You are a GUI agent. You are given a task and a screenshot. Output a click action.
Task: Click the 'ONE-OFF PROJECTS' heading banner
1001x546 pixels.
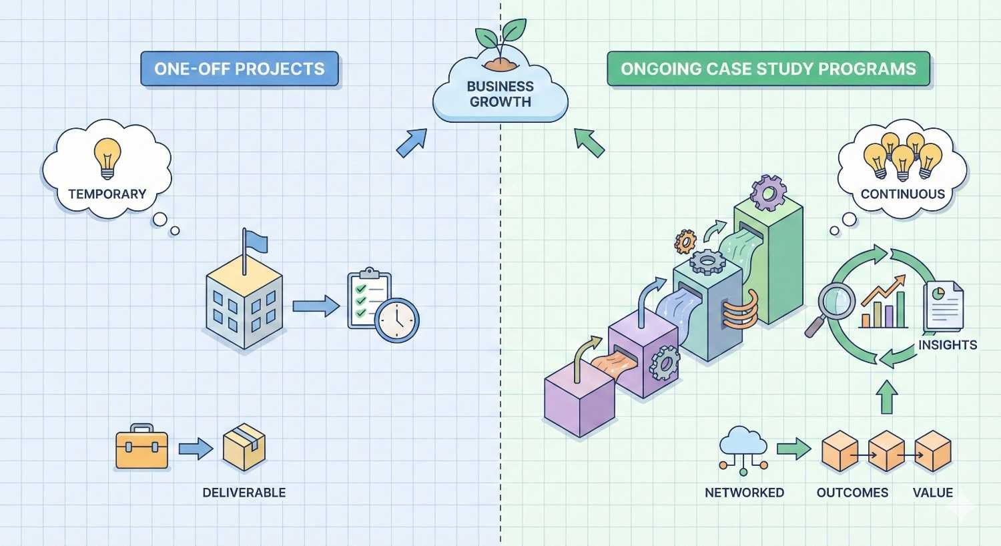point(239,69)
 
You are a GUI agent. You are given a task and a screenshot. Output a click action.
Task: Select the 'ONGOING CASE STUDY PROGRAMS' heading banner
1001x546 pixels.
point(767,69)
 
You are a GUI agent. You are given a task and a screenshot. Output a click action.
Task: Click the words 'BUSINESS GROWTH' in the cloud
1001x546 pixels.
point(500,94)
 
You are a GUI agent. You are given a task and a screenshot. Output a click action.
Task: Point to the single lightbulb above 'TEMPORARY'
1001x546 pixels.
point(107,157)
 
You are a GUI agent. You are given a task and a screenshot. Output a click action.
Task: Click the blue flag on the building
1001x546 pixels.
point(255,241)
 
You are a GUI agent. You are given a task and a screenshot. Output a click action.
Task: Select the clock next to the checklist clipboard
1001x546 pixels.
point(396,320)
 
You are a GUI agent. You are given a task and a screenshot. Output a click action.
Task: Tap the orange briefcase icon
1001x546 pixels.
point(141,447)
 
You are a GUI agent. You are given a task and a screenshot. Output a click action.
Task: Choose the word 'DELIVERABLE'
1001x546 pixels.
point(244,493)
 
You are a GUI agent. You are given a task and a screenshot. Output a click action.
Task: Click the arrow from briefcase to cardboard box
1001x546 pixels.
point(195,448)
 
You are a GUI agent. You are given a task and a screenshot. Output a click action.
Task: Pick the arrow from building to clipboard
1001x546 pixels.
point(315,306)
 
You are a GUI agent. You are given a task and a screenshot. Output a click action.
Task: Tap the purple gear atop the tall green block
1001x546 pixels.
point(767,192)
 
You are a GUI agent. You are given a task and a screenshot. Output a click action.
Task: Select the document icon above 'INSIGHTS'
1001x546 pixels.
point(944,306)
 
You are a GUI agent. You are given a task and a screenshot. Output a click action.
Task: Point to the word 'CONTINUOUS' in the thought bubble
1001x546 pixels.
point(902,194)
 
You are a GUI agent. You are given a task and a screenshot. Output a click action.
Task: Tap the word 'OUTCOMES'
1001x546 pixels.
point(852,493)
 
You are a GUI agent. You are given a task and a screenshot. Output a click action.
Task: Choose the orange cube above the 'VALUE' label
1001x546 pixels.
point(932,451)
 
